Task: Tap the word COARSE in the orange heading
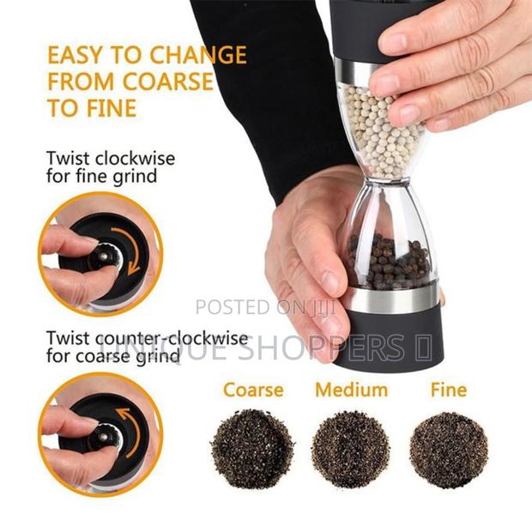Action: coord(168,83)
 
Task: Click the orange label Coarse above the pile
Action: coord(252,390)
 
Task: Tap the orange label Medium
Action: coord(351,390)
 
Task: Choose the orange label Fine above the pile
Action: coord(448,390)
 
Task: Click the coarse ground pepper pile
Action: coord(252,448)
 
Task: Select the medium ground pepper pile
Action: coord(350,449)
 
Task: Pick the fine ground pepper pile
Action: coord(448,449)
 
